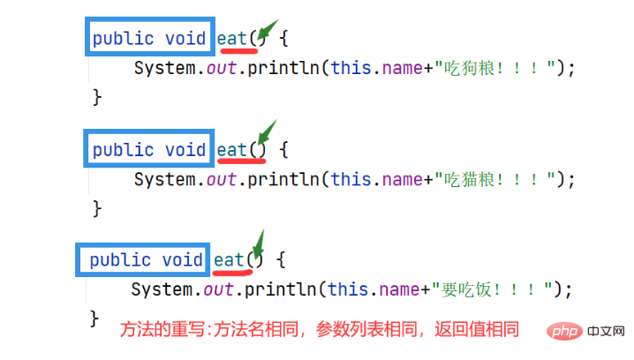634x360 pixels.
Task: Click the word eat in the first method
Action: pos(231,39)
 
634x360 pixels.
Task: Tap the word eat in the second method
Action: pos(231,150)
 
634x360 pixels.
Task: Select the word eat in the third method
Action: pos(229,260)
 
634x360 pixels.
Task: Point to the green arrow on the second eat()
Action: pos(268,131)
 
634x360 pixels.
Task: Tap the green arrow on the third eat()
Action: pos(259,242)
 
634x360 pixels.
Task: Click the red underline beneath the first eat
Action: pos(239,51)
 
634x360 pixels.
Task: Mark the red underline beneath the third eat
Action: pos(232,273)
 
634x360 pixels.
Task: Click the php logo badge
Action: pos(564,332)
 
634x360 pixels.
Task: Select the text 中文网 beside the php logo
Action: pos(606,331)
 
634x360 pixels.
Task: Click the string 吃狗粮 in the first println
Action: pos(469,68)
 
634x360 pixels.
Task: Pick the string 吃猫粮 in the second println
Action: pos(469,179)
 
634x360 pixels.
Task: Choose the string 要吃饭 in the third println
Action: pos(466,289)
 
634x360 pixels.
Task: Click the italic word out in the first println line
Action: pos(221,68)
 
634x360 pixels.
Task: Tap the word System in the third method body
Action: pos(162,290)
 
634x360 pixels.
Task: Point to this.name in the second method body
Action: pos(377,179)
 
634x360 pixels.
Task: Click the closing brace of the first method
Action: pos(97,97)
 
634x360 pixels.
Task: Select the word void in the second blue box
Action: pos(185,150)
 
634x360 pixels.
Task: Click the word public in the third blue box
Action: pos(120,260)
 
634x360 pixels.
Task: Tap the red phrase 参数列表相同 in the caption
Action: pos(366,329)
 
